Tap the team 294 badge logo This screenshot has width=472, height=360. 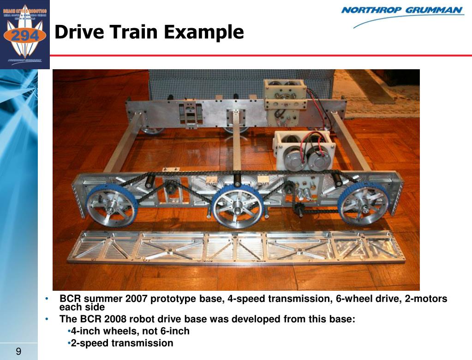pyautogui.click(x=25, y=35)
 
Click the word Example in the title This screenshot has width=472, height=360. pyautogui.click(x=203, y=32)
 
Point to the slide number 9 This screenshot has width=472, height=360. pyautogui.click(x=18, y=352)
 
